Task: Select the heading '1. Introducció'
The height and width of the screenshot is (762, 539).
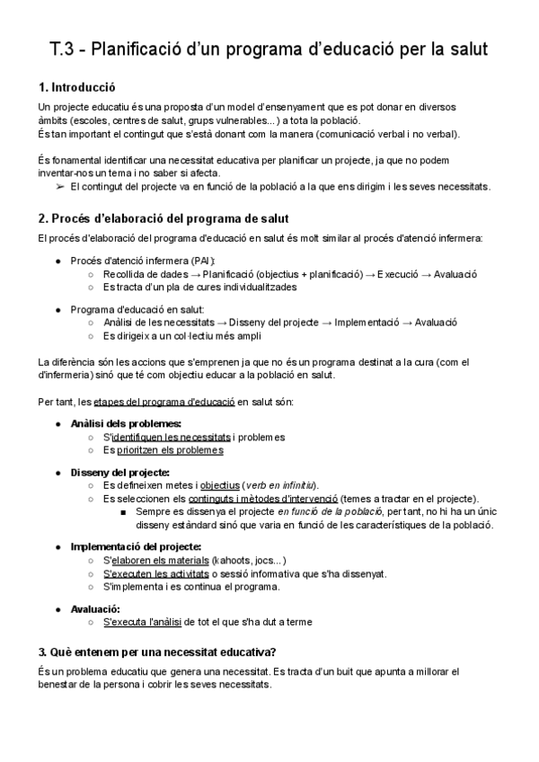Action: click(x=77, y=88)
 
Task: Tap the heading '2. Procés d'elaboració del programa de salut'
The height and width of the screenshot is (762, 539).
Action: click(x=163, y=218)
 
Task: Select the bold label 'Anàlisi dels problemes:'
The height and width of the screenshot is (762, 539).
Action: click(x=126, y=423)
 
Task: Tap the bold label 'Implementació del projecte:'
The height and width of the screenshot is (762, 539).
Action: click(x=136, y=546)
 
